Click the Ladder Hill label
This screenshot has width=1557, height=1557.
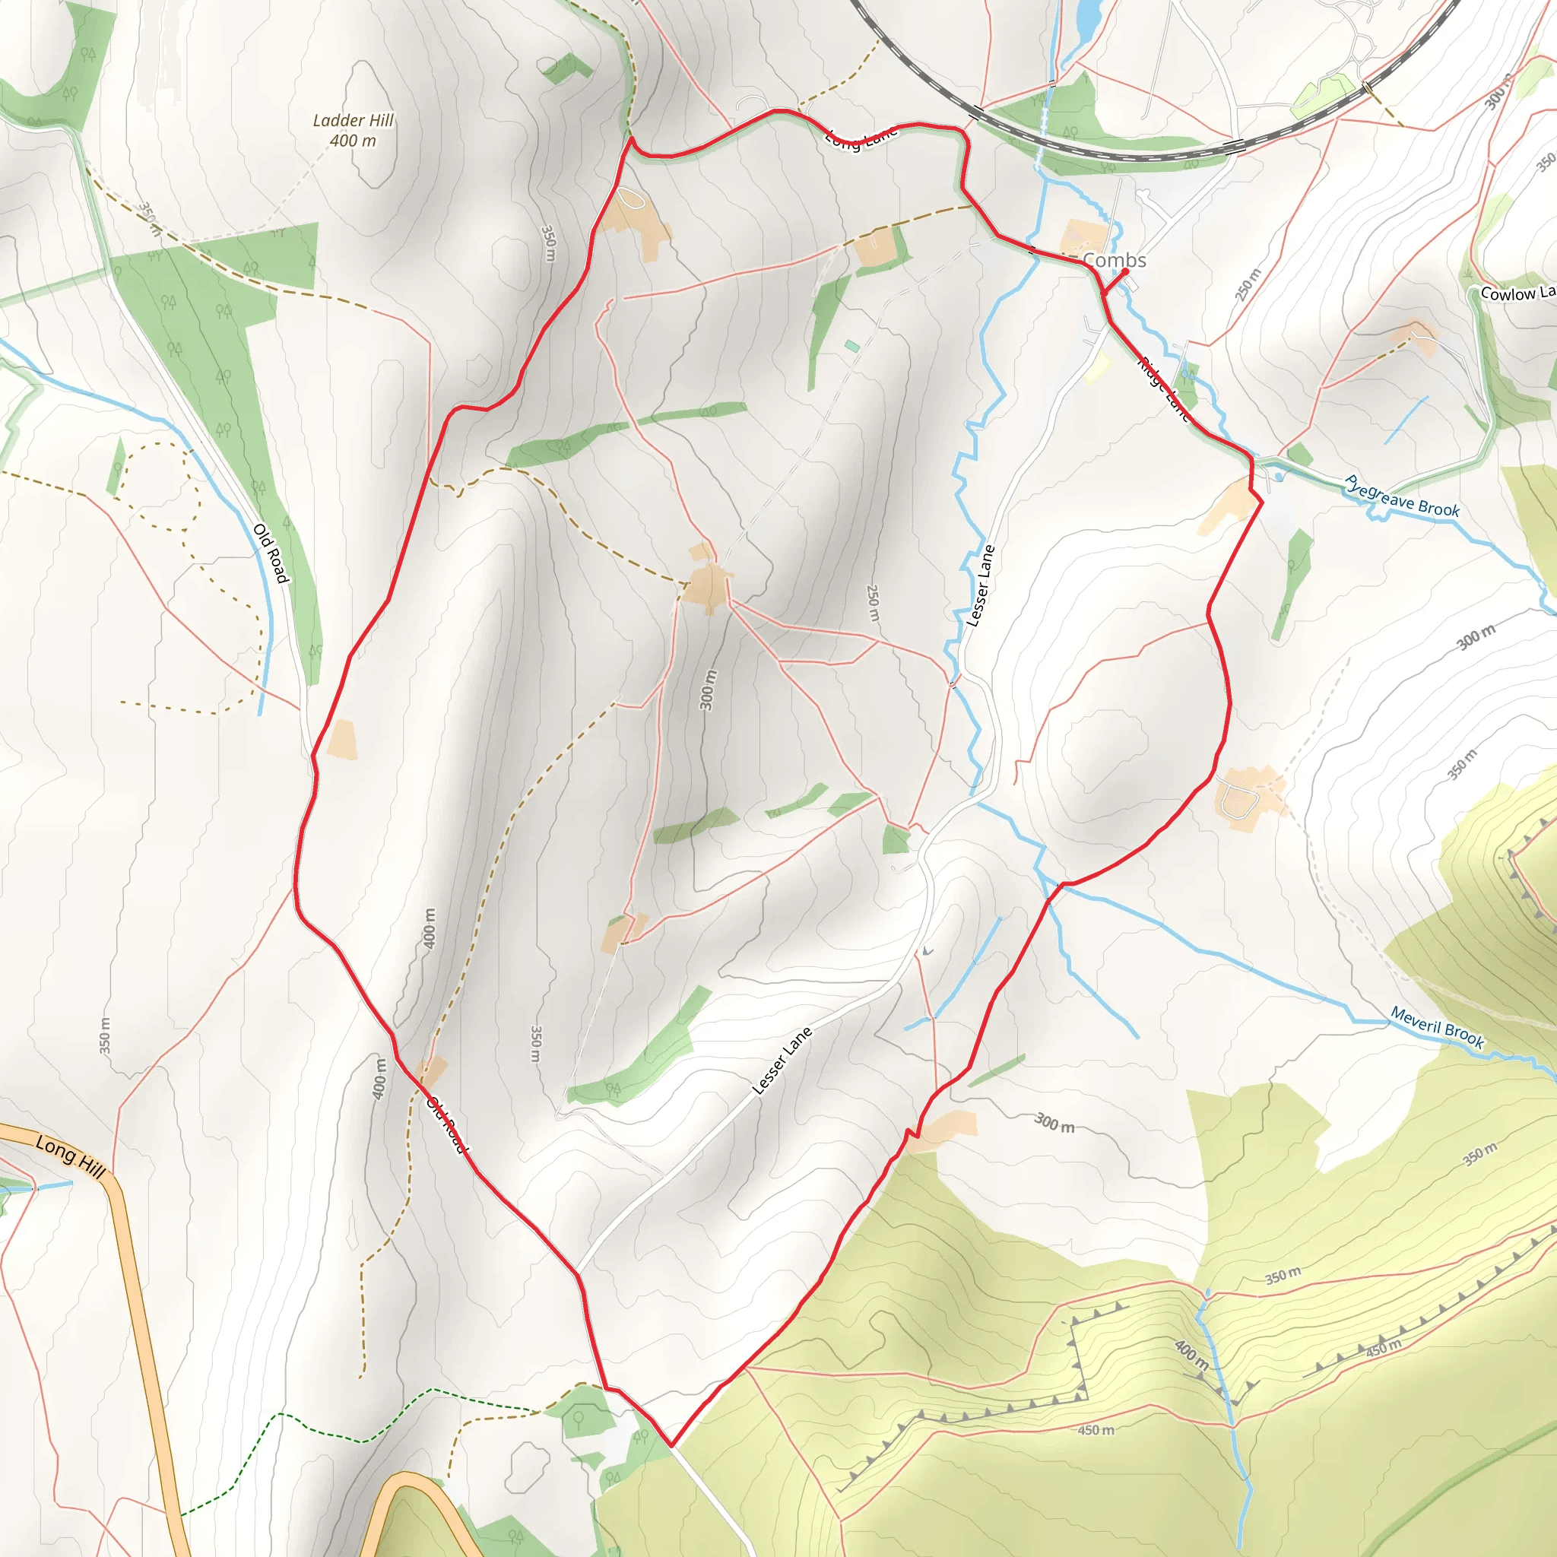pos(353,120)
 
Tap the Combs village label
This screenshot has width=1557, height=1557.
pos(1114,259)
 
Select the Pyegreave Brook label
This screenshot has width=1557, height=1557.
pos(1401,497)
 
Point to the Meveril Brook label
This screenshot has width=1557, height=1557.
pos(1437,1028)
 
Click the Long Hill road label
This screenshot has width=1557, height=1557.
pos(70,1156)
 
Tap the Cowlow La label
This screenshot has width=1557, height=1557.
pos(1517,293)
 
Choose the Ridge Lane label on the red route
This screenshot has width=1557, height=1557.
pos(1163,389)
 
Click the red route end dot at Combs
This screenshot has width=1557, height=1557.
pos(1125,271)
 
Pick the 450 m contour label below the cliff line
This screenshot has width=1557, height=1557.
pos(1096,1430)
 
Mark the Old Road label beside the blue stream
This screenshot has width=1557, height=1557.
pos(271,553)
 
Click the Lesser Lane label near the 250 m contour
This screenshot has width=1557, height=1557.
pos(980,586)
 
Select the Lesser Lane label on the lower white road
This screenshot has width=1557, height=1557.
pos(781,1061)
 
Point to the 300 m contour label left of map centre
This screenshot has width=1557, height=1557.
pos(707,690)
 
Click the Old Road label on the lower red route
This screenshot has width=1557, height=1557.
pos(447,1124)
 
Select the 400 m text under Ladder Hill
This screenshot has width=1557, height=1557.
pos(353,141)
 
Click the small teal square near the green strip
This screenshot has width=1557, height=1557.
pos(851,346)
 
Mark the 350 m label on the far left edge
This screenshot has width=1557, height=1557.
pos(105,1035)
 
